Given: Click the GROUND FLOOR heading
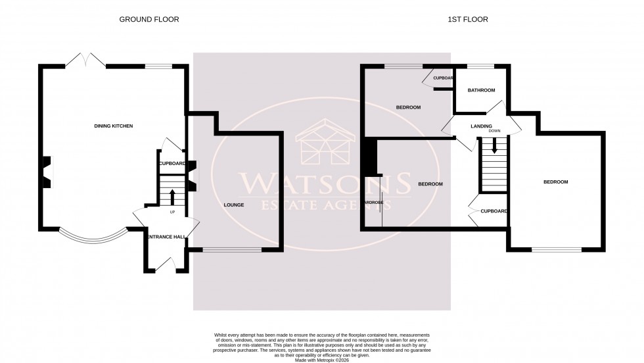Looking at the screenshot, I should (149, 19).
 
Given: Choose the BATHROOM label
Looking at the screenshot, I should (481, 90).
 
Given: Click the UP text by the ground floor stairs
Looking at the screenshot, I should (173, 212).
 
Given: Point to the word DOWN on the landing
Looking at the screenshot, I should (495, 131).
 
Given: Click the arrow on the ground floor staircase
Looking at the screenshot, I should (173, 196).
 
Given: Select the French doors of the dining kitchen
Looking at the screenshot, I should (86, 60).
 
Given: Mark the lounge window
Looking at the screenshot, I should (232, 250).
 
